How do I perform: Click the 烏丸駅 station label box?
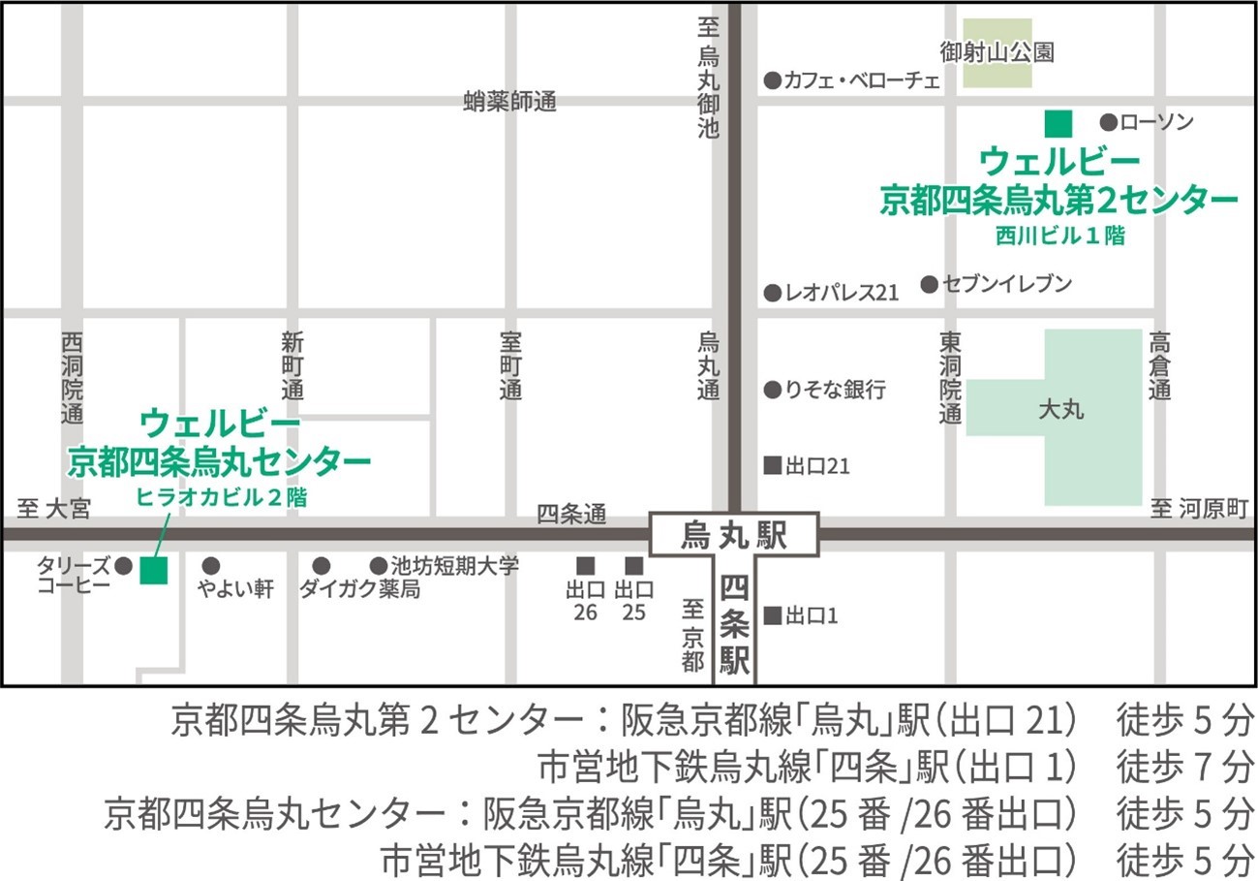tap(734, 535)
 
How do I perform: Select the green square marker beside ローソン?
tap(1058, 123)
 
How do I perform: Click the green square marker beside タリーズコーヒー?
tap(154, 571)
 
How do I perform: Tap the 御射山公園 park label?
tap(997, 51)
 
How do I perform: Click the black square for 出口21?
tap(773, 465)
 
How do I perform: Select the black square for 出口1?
tap(773, 614)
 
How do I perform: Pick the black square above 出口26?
tap(585, 565)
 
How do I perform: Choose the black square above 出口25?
tap(634, 565)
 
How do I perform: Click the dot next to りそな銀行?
tap(772, 390)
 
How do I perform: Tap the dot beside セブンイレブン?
tap(929, 284)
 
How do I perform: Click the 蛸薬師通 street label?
tap(510, 102)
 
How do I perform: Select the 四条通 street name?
tap(571, 515)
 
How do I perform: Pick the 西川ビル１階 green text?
tap(1059, 234)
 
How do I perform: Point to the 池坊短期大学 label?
tap(454, 565)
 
